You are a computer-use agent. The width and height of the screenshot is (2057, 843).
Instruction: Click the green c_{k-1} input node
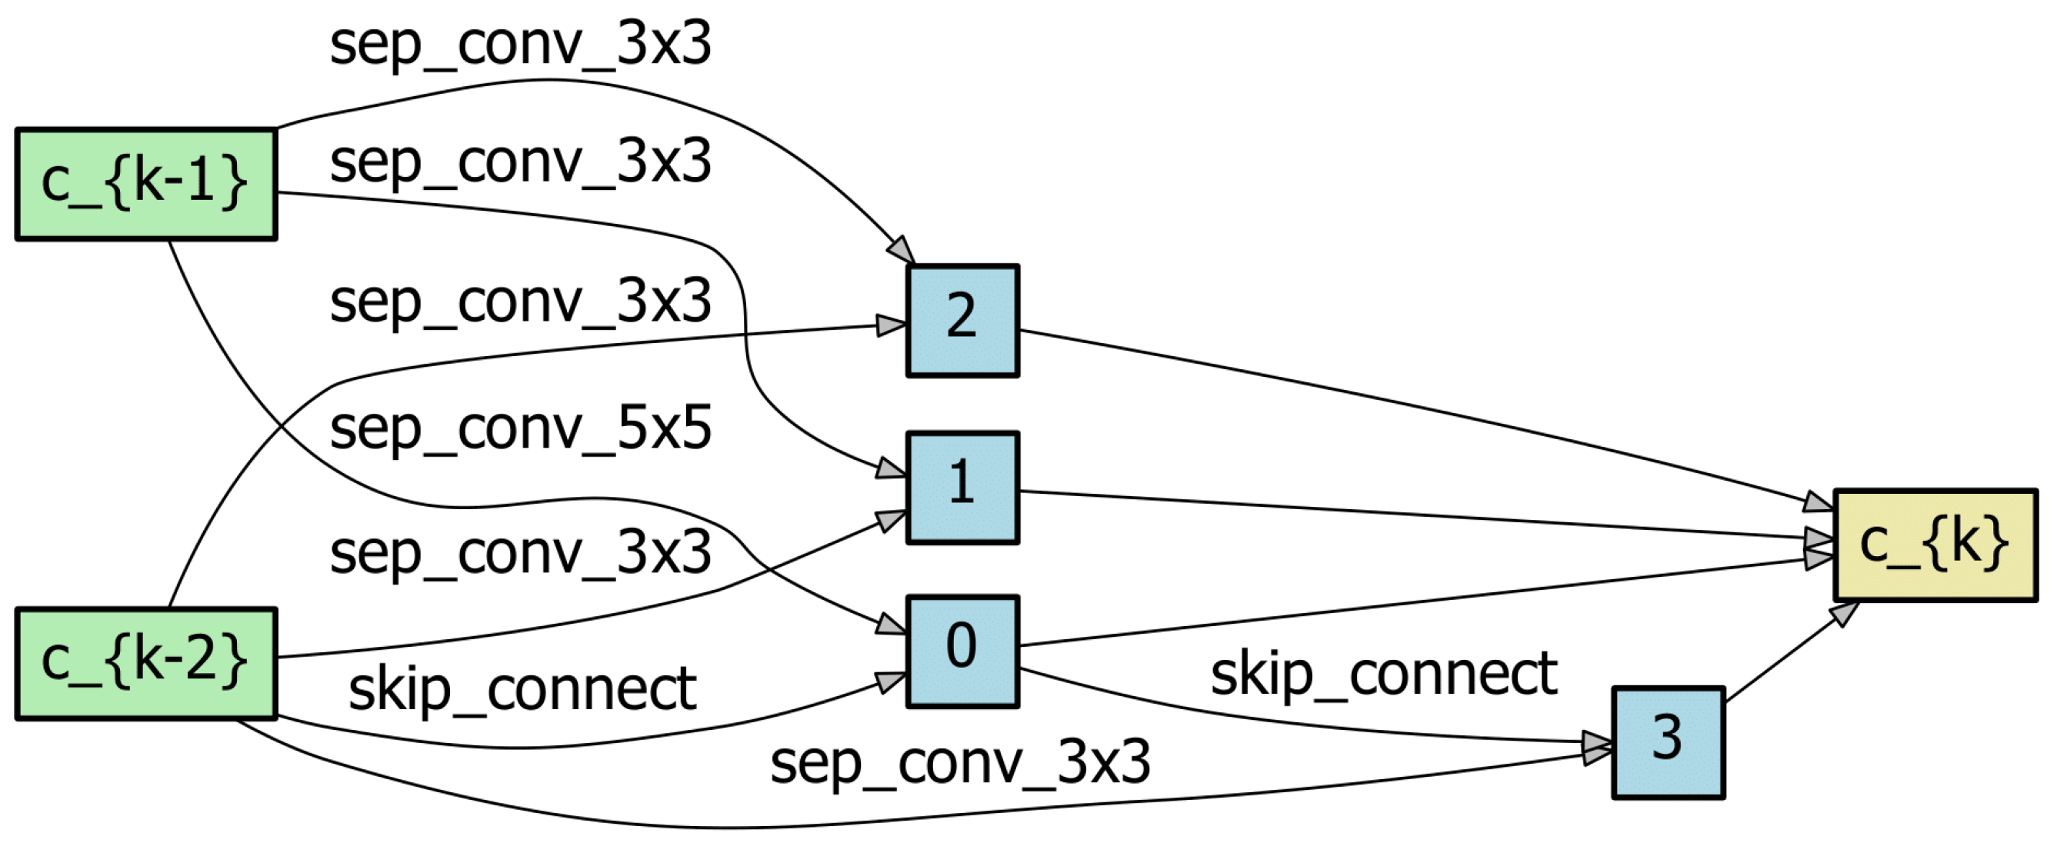(146, 184)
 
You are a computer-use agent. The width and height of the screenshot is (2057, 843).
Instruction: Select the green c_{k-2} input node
(146, 663)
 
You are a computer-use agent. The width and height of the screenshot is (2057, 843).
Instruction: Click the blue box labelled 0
(962, 651)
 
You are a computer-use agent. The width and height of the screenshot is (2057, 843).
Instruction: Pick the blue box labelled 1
(962, 487)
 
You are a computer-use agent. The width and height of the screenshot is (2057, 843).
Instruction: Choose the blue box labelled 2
(962, 320)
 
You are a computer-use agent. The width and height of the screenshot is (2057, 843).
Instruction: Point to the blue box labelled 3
(1668, 741)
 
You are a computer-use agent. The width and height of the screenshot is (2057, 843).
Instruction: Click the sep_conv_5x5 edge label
(520, 429)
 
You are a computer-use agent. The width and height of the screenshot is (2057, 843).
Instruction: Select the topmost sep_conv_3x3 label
(520, 45)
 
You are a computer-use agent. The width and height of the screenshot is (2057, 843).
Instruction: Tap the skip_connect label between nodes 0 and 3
(1383, 675)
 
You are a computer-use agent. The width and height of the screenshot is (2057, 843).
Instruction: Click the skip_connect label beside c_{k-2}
(522, 690)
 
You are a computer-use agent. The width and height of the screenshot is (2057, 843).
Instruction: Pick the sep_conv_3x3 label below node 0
(960, 762)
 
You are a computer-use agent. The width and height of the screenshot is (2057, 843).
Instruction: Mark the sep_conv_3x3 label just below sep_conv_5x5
(520, 553)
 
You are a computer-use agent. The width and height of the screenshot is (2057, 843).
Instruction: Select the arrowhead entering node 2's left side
(889, 325)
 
